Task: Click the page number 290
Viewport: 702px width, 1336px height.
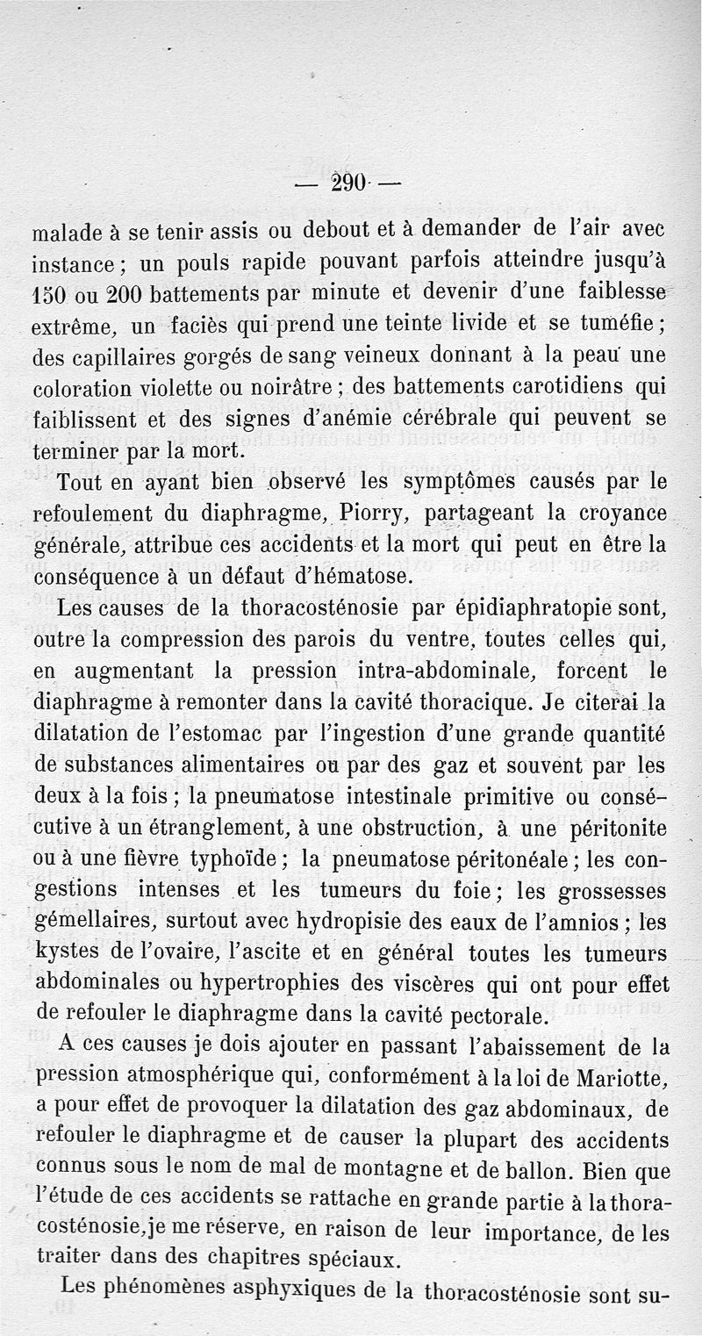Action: pyautogui.click(x=348, y=185)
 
